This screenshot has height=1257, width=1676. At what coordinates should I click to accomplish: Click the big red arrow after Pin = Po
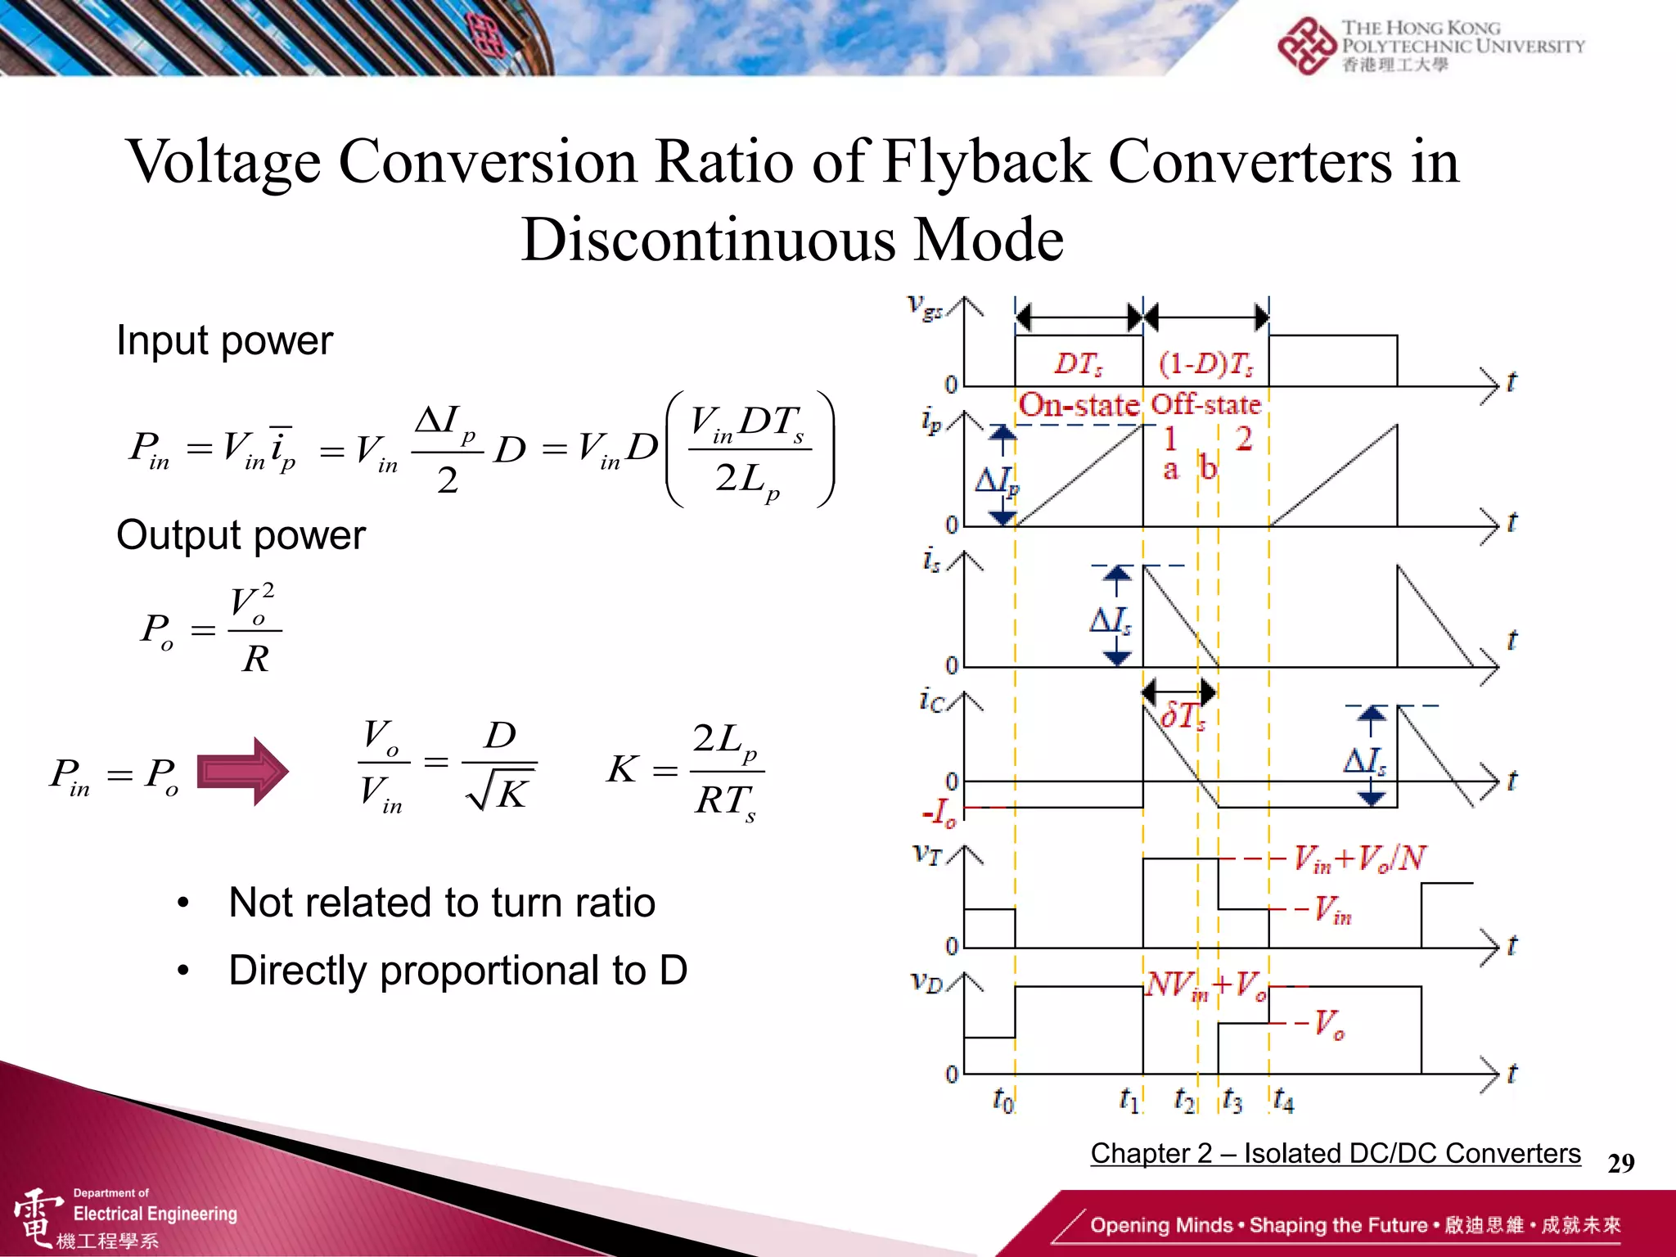(243, 771)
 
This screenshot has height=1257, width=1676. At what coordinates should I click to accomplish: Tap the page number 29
(1620, 1163)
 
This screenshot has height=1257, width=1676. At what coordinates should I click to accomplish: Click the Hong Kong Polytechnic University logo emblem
(1307, 46)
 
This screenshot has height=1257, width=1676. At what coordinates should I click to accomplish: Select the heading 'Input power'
(224, 340)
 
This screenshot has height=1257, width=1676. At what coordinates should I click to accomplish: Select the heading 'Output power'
(241, 535)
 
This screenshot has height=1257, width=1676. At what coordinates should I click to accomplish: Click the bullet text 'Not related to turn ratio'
(442, 903)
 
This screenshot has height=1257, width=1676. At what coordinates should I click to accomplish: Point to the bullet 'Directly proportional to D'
(457, 971)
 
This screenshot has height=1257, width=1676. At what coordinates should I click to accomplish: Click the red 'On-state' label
(1079, 404)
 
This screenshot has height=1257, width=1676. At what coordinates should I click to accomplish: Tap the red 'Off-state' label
(1205, 404)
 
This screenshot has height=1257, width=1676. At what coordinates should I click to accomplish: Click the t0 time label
(1002, 1099)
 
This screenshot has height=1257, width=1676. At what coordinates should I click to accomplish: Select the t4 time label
(1283, 1101)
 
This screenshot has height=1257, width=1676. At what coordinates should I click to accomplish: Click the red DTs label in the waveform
(1078, 363)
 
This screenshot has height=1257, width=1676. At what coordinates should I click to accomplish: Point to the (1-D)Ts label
(1205, 363)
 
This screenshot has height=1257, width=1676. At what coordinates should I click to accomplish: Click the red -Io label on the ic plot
(939, 813)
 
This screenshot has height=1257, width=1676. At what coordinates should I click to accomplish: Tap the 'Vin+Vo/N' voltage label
(1359, 858)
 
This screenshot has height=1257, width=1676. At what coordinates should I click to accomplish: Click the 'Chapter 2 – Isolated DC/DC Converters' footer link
(1335, 1153)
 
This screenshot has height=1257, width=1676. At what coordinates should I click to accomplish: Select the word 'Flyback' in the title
(986, 161)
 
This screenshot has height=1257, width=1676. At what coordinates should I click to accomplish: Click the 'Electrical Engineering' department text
(155, 1214)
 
